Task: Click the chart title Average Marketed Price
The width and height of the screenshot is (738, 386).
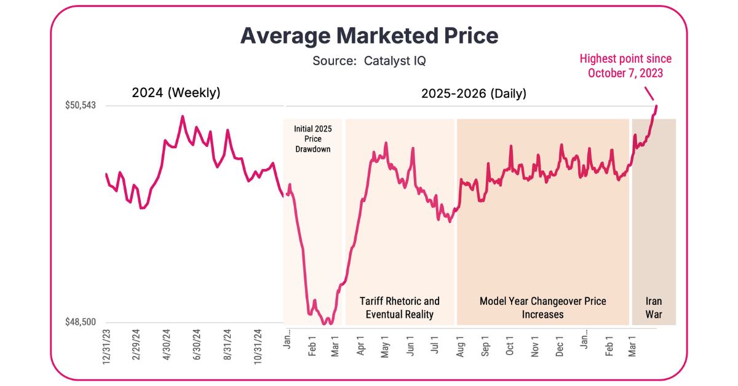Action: [369, 36]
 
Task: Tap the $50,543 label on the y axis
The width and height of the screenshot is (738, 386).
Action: [81, 106]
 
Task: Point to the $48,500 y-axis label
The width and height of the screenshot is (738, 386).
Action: [81, 322]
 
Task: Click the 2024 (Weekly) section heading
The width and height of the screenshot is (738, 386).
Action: [176, 93]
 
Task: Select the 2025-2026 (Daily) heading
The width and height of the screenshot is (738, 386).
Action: [474, 93]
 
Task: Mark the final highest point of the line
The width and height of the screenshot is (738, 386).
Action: [656, 106]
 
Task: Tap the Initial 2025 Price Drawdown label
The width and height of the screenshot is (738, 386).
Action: [312, 139]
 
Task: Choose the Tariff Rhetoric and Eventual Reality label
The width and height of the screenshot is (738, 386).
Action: [399, 308]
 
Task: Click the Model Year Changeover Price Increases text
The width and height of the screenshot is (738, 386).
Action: [542, 308]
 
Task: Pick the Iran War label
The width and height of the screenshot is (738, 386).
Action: [654, 308]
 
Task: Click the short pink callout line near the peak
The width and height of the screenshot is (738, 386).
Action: [649, 93]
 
